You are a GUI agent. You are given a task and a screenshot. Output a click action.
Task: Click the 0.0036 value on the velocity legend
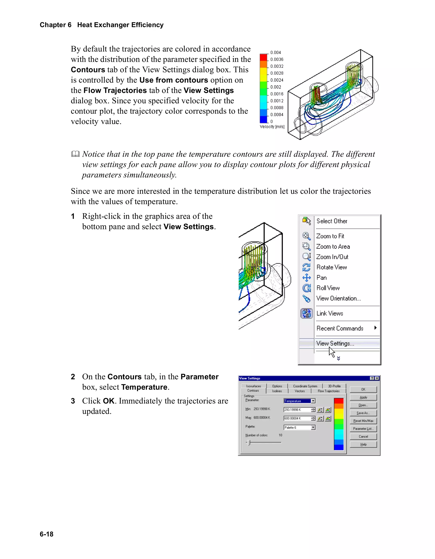[x=277, y=59]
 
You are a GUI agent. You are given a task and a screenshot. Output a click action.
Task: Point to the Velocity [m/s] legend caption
[x=272, y=127]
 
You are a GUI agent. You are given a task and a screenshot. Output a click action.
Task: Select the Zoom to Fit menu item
[x=330, y=236]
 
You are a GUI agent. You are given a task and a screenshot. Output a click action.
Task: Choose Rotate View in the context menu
[x=332, y=267]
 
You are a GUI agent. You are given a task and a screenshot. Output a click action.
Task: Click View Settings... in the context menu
[x=335, y=344]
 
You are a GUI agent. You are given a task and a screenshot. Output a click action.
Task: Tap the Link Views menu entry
[x=330, y=314]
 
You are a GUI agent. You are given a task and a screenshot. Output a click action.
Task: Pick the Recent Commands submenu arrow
[x=375, y=328]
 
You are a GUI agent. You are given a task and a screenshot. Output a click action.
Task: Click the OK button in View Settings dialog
[x=363, y=390]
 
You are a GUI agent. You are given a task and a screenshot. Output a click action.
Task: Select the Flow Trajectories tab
[x=329, y=391]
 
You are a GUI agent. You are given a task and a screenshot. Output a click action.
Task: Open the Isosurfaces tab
[x=253, y=386]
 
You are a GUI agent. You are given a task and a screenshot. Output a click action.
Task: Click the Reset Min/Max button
[x=363, y=421]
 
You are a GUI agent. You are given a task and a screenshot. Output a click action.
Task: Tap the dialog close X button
[x=377, y=378]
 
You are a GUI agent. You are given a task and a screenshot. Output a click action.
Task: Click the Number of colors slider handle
[x=249, y=442]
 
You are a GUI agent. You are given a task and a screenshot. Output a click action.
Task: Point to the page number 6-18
[x=47, y=534]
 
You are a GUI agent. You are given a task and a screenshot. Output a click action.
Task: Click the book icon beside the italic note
[x=75, y=154]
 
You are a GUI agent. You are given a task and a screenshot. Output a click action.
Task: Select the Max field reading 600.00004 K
[x=297, y=418]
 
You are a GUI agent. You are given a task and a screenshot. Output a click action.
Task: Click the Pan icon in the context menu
[x=306, y=278]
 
